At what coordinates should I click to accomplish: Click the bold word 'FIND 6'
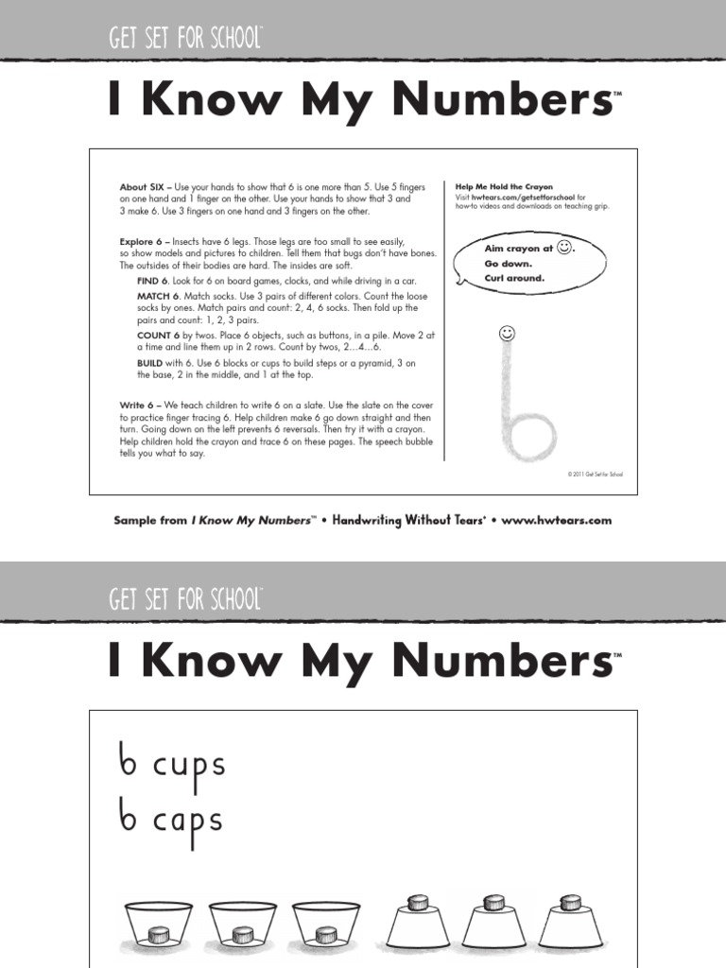152,282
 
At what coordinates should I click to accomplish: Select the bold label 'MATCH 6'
158,296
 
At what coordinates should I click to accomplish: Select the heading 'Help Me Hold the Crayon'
504,187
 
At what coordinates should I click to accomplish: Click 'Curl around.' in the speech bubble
514,279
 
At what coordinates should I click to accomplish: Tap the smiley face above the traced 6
507,334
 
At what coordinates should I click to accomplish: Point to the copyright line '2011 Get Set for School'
596,475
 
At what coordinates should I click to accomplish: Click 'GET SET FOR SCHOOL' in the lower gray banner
185,598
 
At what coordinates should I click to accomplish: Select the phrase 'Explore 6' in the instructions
141,242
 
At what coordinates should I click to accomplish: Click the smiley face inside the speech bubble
563,248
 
